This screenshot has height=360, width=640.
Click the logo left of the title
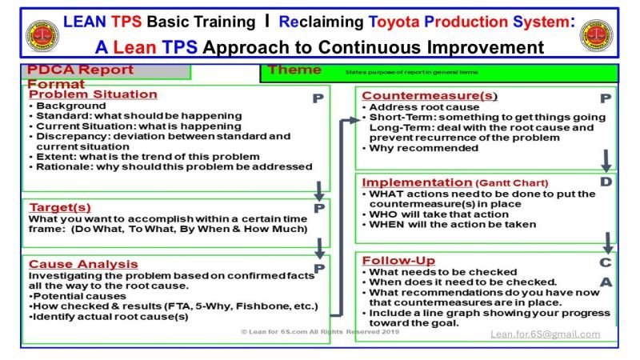(x=38, y=35)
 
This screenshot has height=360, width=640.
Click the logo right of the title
(x=601, y=35)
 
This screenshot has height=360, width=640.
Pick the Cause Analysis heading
(x=83, y=264)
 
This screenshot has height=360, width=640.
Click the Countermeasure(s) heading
(x=430, y=96)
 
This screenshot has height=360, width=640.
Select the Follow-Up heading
(x=399, y=261)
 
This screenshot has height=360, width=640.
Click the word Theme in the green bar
(x=294, y=70)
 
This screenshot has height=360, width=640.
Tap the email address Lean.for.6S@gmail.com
(x=546, y=334)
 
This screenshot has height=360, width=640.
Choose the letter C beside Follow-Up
(x=606, y=262)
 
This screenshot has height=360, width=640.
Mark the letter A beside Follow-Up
(x=606, y=282)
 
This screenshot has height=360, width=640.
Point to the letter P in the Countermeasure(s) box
(x=606, y=98)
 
